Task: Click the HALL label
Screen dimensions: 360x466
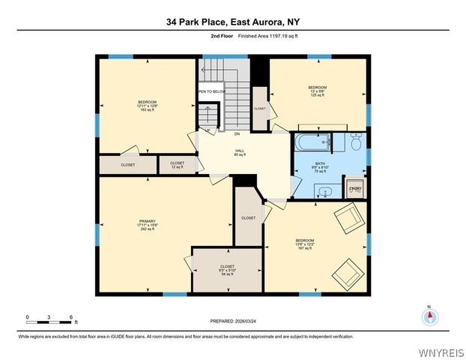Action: (x=240, y=152)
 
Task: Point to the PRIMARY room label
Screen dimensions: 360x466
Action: (x=145, y=224)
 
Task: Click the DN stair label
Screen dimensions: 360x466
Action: (x=237, y=134)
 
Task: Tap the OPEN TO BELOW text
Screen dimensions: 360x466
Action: (x=212, y=91)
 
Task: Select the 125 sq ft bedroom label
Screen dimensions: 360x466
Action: (x=318, y=91)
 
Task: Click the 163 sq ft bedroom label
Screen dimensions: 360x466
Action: (x=146, y=105)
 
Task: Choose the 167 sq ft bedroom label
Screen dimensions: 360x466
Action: (x=304, y=244)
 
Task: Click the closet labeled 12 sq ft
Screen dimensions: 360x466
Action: (x=177, y=165)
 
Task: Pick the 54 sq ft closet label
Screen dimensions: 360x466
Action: (x=227, y=270)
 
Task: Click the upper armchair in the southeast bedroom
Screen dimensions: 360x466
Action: (x=346, y=218)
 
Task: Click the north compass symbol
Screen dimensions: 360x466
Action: (x=429, y=317)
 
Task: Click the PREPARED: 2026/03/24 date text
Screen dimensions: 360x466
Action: (x=232, y=320)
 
